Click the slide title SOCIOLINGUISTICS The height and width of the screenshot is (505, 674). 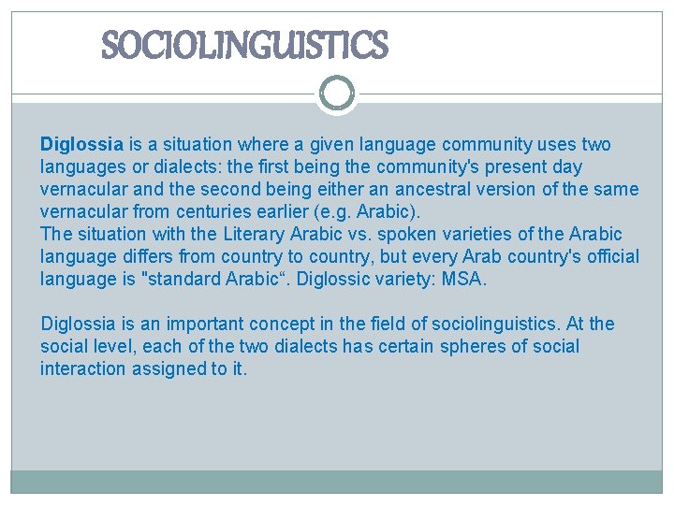243,45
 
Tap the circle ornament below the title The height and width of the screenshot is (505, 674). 337,94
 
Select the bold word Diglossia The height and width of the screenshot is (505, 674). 81,145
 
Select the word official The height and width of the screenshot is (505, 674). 613,257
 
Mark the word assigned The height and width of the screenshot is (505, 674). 170,369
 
